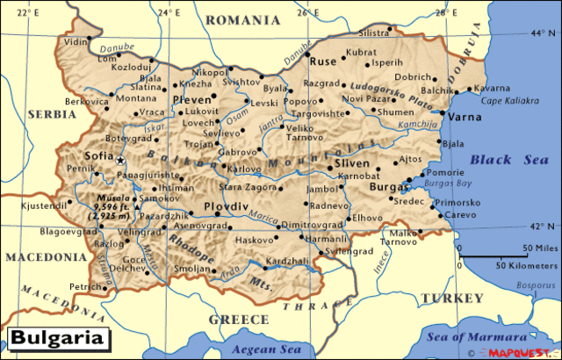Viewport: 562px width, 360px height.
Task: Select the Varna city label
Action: tap(465, 116)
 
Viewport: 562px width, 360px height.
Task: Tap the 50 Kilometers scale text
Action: tap(526, 263)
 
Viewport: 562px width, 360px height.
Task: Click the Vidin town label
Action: tap(76, 41)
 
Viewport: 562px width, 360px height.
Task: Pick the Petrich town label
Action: tap(86, 286)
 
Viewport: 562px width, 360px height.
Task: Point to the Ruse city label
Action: tap(323, 62)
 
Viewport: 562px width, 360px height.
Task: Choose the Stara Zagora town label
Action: tap(249, 187)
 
